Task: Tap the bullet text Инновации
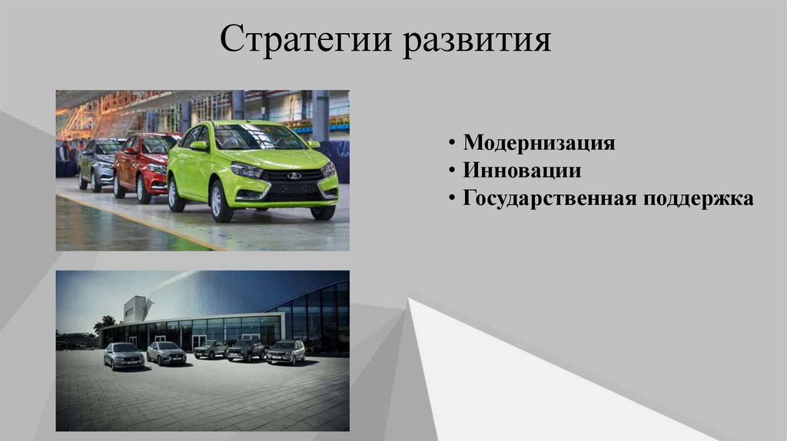point(521,171)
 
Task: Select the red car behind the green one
point(142,163)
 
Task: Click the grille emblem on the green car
point(294,175)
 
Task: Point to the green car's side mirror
point(199,145)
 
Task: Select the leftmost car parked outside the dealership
point(123,355)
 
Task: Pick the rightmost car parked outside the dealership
point(286,351)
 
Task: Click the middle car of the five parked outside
point(210,350)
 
